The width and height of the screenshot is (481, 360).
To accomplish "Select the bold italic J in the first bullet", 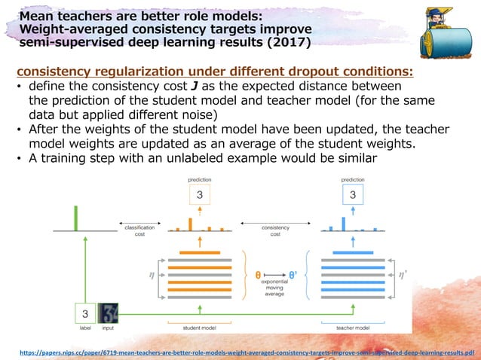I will (x=195, y=87).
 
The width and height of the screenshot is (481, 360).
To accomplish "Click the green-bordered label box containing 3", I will (x=85, y=313).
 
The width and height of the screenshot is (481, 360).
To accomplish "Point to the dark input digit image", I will (x=109, y=313).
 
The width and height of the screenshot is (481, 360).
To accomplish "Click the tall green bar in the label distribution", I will (x=75, y=218).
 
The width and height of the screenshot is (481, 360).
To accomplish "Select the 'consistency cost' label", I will (x=275, y=230).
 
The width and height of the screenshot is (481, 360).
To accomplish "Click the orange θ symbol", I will (x=259, y=276).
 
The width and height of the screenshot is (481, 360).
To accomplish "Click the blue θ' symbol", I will (x=293, y=276).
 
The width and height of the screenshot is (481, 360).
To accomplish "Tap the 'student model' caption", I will (x=200, y=328).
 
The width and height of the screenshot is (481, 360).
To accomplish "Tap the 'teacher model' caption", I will (x=352, y=328).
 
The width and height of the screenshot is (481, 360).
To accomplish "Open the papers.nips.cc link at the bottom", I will (x=242, y=352).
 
